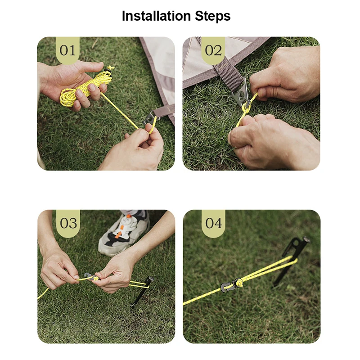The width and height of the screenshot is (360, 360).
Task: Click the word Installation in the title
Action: pyautogui.click(x=156, y=16)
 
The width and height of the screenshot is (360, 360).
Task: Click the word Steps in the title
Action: pyautogui.click(x=213, y=17)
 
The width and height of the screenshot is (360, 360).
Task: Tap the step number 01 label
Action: pyautogui.click(x=67, y=50)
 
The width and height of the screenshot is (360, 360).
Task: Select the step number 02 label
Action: pyautogui.click(x=213, y=50)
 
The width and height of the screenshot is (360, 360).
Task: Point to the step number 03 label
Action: pyautogui.click(x=68, y=223)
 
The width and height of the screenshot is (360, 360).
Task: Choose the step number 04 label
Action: pyautogui.click(x=213, y=223)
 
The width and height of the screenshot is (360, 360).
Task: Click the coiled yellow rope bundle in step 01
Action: pyautogui.click(x=85, y=88)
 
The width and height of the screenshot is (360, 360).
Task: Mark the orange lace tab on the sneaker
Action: pyautogui.click(x=118, y=235)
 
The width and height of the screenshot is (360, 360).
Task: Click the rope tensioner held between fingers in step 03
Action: pyautogui.click(x=92, y=277)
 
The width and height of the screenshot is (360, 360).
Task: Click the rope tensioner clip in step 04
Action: pyautogui.click(x=229, y=285)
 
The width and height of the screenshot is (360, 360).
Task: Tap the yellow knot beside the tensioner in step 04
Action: pyautogui.click(x=239, y=283)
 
